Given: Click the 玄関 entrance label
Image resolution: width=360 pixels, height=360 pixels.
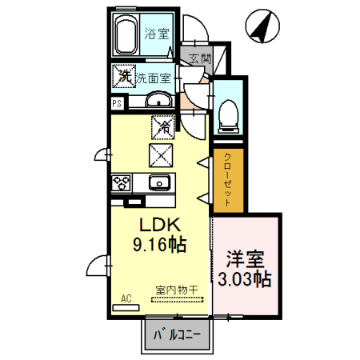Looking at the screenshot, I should click(x=201, y=58).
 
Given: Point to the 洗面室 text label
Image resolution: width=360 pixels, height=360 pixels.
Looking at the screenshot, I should click(x=153, y=78).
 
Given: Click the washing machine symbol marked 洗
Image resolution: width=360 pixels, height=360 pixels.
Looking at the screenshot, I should click(x=124, y=76).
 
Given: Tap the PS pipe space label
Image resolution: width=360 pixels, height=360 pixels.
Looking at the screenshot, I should click(x=116, y=103).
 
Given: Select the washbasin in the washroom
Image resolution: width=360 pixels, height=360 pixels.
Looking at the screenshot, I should click(x=158, y=100).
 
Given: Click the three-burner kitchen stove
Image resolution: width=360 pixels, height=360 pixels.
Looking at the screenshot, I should click(x=122, y=182).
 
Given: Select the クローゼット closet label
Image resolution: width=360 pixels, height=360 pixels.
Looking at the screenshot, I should click(x=226, y=181).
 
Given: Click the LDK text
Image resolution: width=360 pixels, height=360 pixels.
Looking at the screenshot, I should click(x=158, y=226).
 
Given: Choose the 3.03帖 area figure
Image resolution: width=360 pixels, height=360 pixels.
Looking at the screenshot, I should click(x=245, y=280).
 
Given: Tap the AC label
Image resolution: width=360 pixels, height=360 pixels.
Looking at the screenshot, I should click(x=126, y=298).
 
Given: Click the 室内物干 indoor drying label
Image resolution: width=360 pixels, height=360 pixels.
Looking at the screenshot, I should click(x=174, y=292).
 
